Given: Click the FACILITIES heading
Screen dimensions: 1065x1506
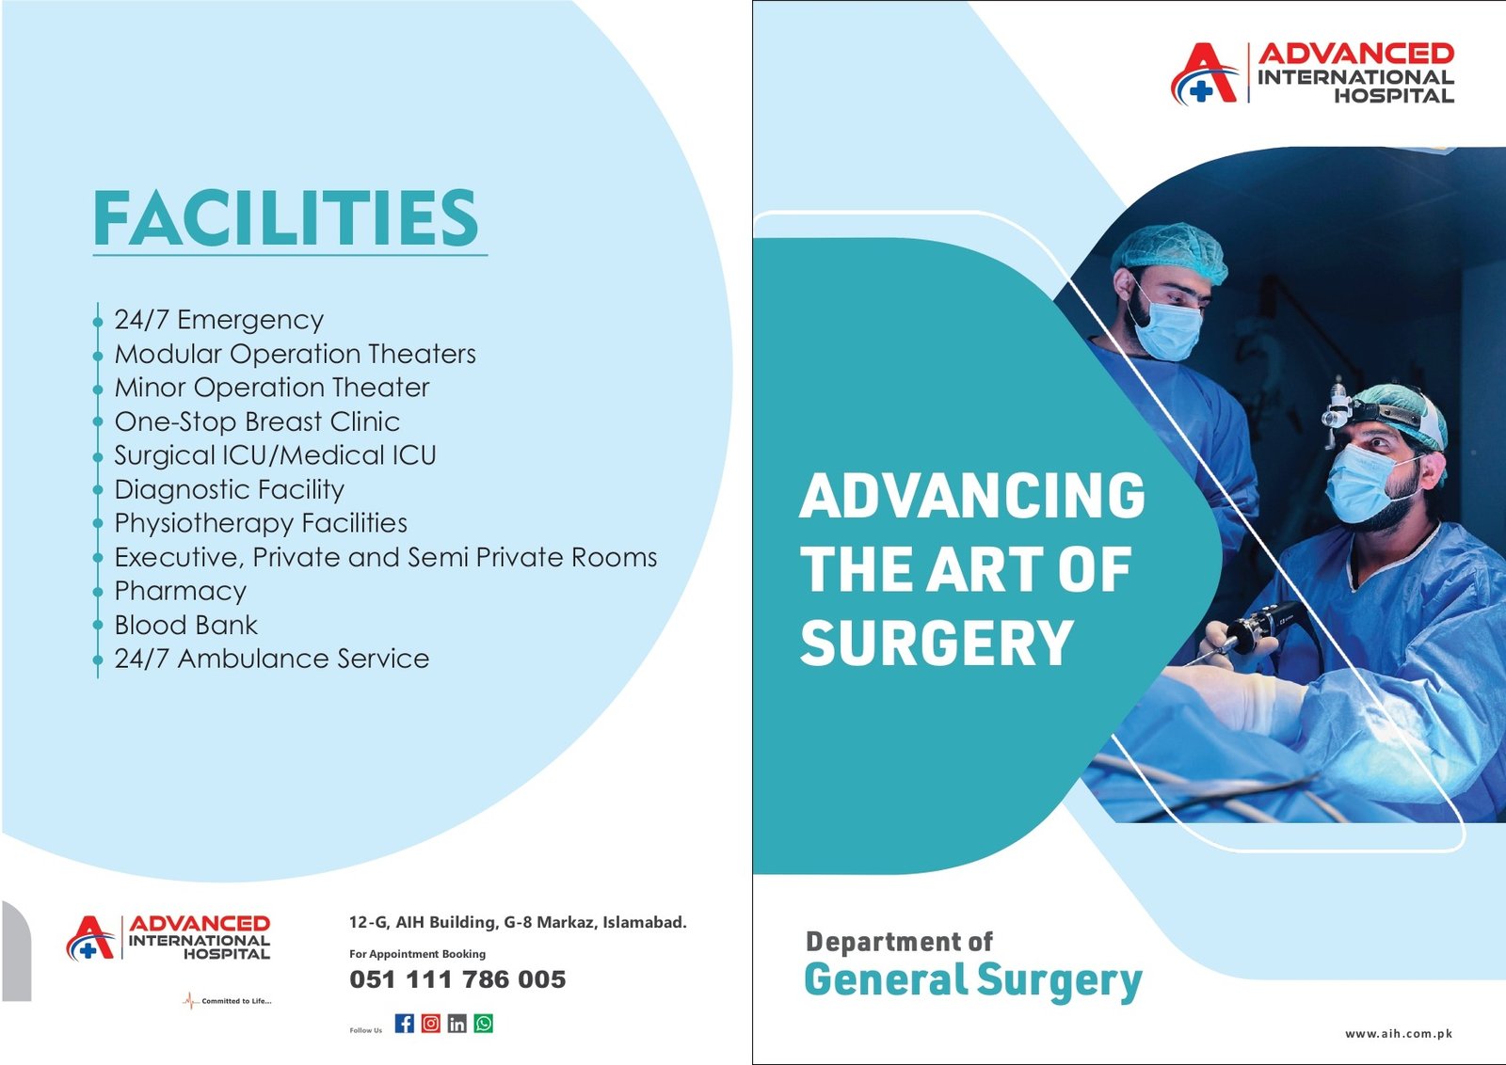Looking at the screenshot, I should point(286,217).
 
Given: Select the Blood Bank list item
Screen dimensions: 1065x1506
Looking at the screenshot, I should point(185,625).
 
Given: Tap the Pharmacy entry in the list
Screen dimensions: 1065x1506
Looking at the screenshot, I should point(180,591).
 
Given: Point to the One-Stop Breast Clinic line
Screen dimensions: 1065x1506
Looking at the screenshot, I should point(257,421).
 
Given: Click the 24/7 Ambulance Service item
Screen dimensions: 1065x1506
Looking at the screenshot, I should point(271,659).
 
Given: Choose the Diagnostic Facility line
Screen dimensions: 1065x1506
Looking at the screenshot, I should point(229,489).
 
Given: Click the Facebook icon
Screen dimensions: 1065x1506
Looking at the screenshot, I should point(405,1024).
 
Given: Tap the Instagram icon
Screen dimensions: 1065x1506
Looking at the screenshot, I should point(431,1024).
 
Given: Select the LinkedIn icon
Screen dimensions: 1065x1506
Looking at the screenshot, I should point(457,1024).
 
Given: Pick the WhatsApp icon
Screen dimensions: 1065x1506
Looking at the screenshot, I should point(484,1024).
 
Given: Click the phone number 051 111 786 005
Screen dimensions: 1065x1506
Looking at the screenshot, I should point(457,979).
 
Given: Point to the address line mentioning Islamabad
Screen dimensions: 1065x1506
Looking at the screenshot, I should point(518,922).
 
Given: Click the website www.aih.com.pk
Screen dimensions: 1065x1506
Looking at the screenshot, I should point(1398,1033).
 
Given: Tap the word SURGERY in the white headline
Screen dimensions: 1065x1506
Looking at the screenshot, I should point(937,644).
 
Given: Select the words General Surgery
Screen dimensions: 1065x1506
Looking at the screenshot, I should point(973,979).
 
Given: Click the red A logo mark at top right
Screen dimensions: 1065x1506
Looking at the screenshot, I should point(1204,73).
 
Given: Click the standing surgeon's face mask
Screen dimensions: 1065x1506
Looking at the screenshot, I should point(1167,329).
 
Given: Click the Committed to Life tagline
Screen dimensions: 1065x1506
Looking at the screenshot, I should point(235,1001).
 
